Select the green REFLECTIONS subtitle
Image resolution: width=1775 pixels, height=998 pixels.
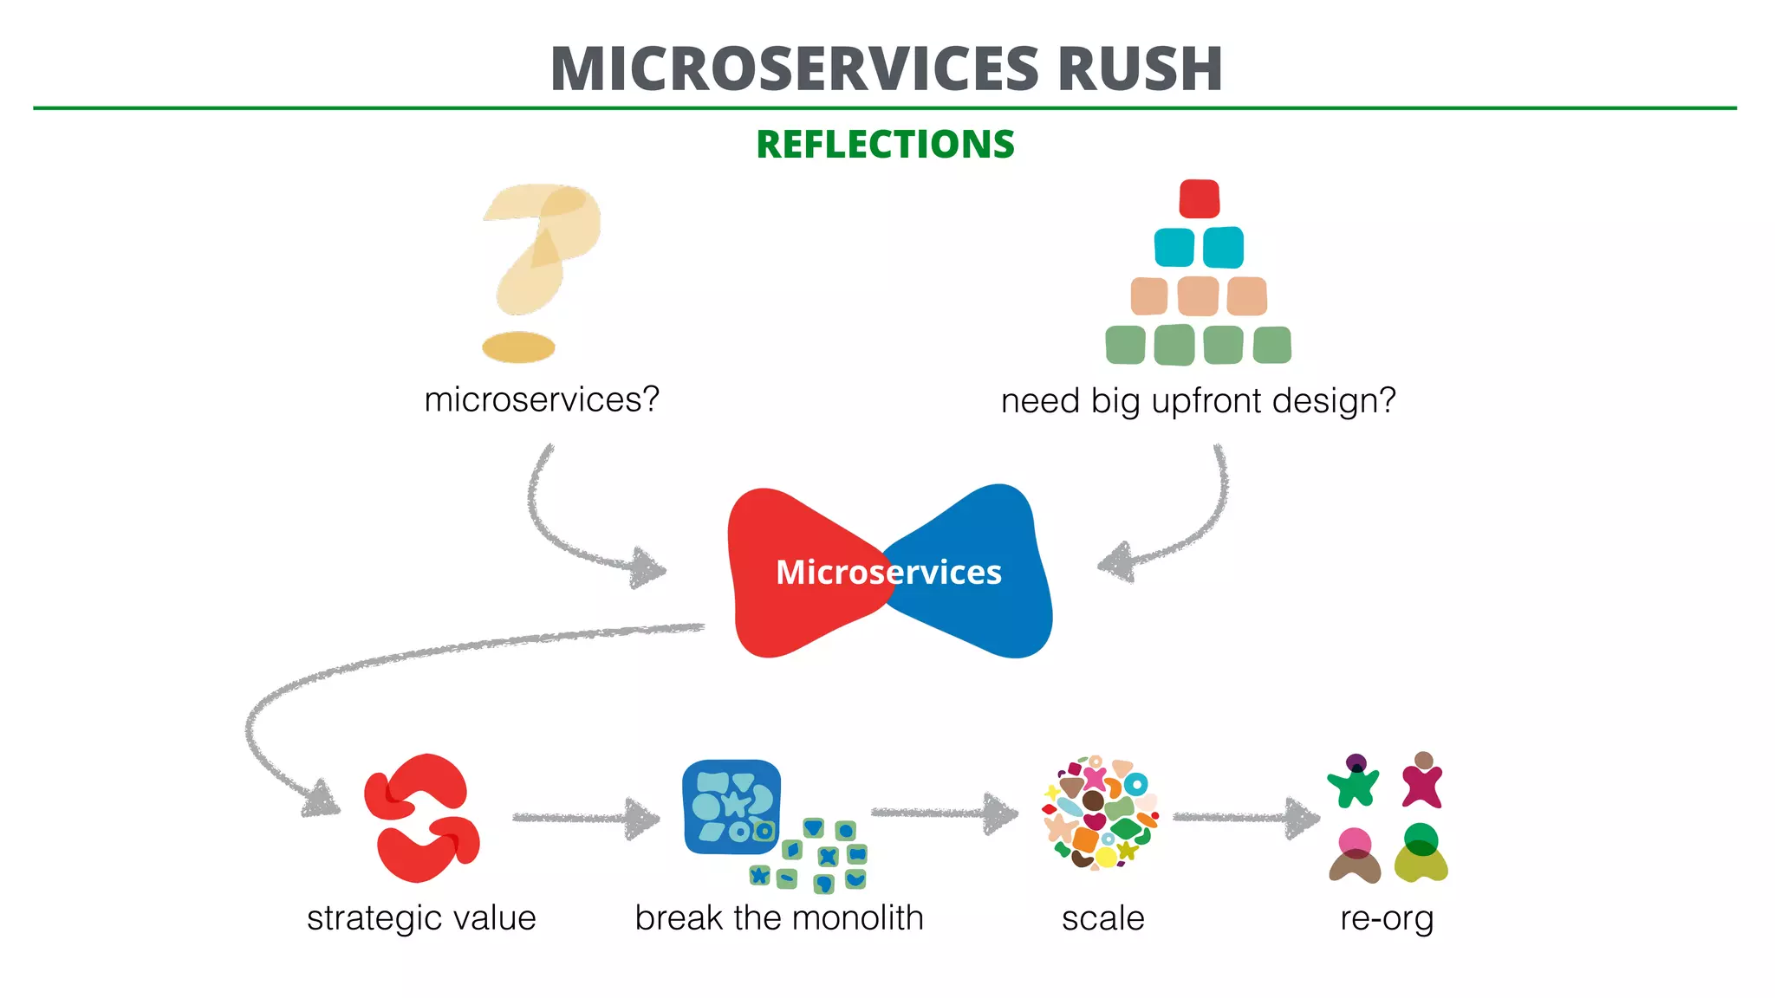[885, 145]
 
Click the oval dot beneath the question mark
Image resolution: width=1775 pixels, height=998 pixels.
[518, 347]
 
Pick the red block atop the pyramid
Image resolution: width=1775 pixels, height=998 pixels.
[1199, 198]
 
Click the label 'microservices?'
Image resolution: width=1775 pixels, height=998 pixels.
[542, 399]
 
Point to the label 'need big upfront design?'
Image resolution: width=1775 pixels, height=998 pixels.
[1198, 401]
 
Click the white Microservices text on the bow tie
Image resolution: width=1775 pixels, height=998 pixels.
[887, 573]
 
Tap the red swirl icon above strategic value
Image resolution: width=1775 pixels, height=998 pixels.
[422, 818]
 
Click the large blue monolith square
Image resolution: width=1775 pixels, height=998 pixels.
[731, 806]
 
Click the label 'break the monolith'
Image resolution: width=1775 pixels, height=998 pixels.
[778, 918]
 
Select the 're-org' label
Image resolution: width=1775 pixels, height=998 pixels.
[1386, 918]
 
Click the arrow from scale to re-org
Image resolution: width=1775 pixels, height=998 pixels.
[1245, 817]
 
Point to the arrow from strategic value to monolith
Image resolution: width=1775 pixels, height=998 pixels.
[584, 818]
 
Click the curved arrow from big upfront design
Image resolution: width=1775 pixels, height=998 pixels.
[1196, 528]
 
